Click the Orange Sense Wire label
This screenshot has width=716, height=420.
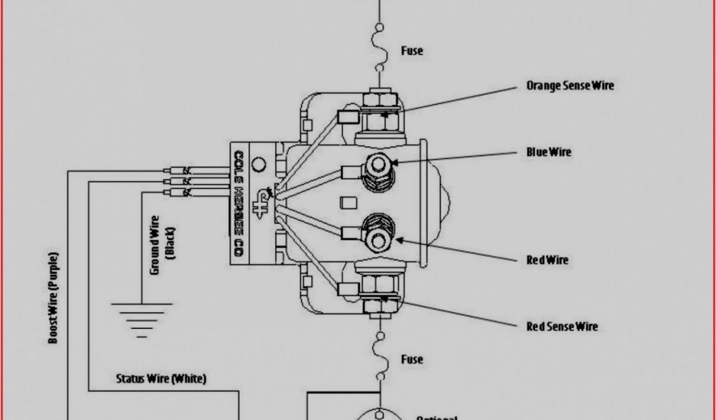[x=570, y=85]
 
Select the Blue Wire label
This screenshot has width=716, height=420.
[x=549, y=152]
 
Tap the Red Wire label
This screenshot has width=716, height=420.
[x=547, y=260]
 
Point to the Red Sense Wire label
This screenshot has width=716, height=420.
[x=562, y=326]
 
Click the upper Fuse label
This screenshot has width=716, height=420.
[x=412, y=51]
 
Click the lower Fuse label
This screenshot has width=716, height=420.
[x=412, y=359]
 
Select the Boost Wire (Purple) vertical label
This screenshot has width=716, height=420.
[x=54, y=297]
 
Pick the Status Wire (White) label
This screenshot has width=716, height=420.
[x=161, y=379]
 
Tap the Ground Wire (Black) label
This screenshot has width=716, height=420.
[x=163, y=245]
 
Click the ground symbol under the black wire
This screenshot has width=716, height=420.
[x=141, y=316]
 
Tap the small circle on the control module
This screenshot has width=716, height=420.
[x=258, y=166]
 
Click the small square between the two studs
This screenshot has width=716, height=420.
[x=344, y=203]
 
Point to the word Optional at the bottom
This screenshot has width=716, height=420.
[x=437, y=417]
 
